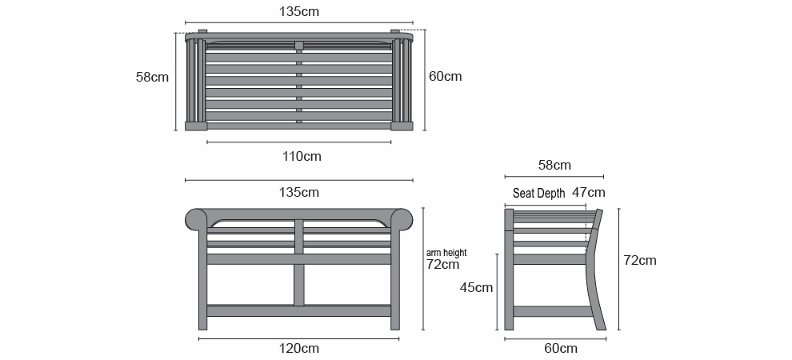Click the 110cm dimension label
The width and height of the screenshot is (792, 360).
point(302,157)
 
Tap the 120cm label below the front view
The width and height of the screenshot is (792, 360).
point(299,348)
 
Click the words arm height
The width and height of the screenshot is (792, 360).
point(446,253)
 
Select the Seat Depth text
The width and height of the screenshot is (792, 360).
point(539,194)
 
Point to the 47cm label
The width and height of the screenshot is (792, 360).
point(589,192)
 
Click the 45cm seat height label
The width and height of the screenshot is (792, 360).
point(476,287)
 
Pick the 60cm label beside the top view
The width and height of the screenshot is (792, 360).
point(445,76)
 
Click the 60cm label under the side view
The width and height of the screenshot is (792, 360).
point(561,348)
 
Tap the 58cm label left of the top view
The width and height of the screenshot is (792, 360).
point(152,78)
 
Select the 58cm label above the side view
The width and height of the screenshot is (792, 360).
point(554,165)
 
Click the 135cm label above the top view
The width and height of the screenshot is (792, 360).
point(299,12)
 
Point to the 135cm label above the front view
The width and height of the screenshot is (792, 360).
point(299,192)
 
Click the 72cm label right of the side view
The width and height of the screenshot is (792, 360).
point(640,261)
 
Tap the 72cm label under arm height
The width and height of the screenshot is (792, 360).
point(443,264)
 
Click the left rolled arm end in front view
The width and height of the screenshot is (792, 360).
point(196,220)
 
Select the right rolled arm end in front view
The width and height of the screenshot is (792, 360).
point(402,220)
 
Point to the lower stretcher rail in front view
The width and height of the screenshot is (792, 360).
point(299,310)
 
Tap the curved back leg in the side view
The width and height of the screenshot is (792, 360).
point(595,270)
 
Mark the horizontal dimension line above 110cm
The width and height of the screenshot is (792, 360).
point(299,142)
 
